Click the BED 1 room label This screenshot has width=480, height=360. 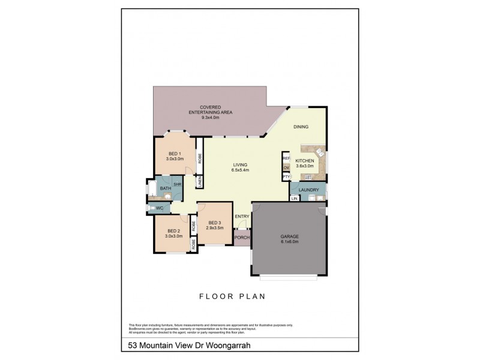tap(175, 152)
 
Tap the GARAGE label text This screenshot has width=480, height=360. tap(289, 236)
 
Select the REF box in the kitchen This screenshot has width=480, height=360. tap(286, 158)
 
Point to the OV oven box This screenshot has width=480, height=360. tap(286, 167)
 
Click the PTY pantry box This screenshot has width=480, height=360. tap(286, 177)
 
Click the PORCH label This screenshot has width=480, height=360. tap(242, 237)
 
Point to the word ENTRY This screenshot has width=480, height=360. tap(242, 217)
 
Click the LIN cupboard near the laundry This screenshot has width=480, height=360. tap(295, 198)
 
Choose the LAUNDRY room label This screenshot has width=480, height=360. tap(308, 190)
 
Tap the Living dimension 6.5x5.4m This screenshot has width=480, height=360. tap(241, 170)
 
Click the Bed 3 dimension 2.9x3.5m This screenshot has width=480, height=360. tap(215, 228)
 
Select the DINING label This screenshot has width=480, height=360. tap(301, 127)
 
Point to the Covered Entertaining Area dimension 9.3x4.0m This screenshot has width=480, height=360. tap(210, 118)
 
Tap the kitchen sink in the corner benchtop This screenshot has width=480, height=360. tap(320, 154)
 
